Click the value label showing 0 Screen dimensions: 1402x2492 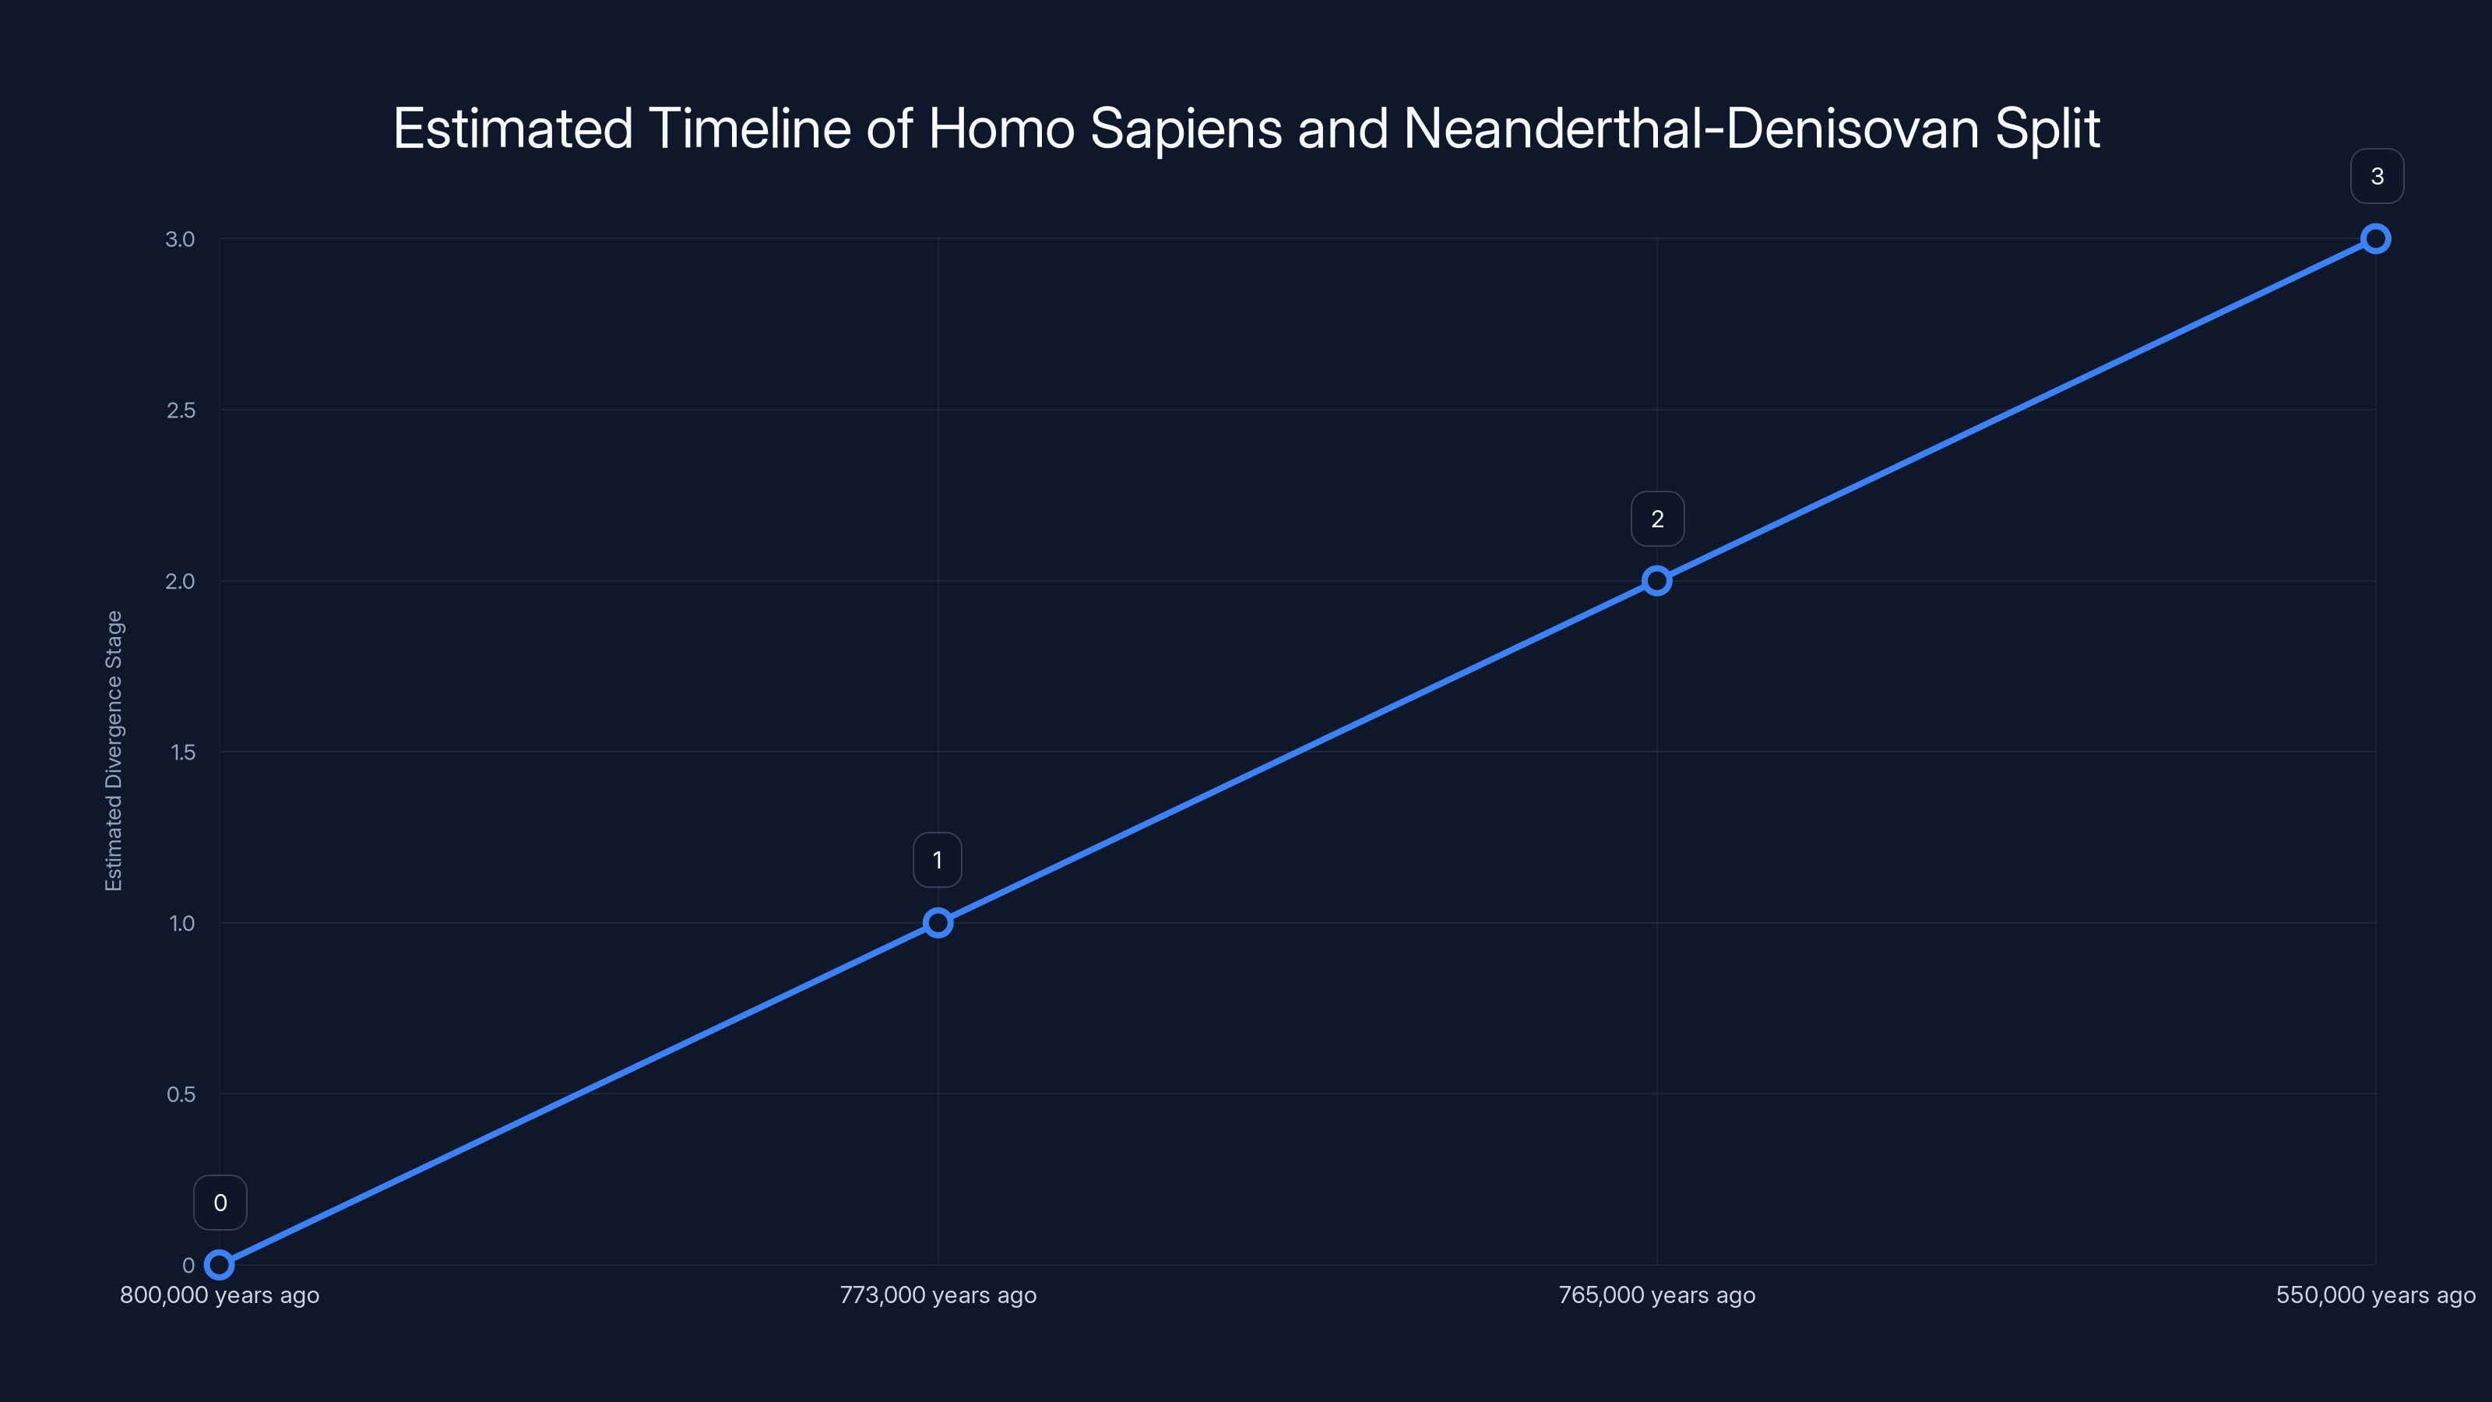coord(220,1203)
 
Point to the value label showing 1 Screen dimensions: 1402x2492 coord(938,860)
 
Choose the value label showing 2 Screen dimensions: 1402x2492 coord(1657,520)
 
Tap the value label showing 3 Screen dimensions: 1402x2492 coord(2377,176)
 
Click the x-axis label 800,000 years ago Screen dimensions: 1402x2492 coord(220,1295)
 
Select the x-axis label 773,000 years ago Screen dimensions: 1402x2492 coord(938,1295)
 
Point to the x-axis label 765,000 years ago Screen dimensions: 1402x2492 coord(1656,1295)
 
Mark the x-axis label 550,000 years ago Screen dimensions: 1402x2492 coord(2375,1295)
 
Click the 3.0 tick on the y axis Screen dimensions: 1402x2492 coord(180,239)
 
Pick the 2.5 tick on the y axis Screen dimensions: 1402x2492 coord(180,410)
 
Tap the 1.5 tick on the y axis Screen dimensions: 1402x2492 coord(182,752)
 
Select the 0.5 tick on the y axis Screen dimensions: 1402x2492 coord(181,1094)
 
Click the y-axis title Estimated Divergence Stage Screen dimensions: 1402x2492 coord(114,751)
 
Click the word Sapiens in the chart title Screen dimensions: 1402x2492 coord(1186,129)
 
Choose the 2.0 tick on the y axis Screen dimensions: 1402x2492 coord(180,582)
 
